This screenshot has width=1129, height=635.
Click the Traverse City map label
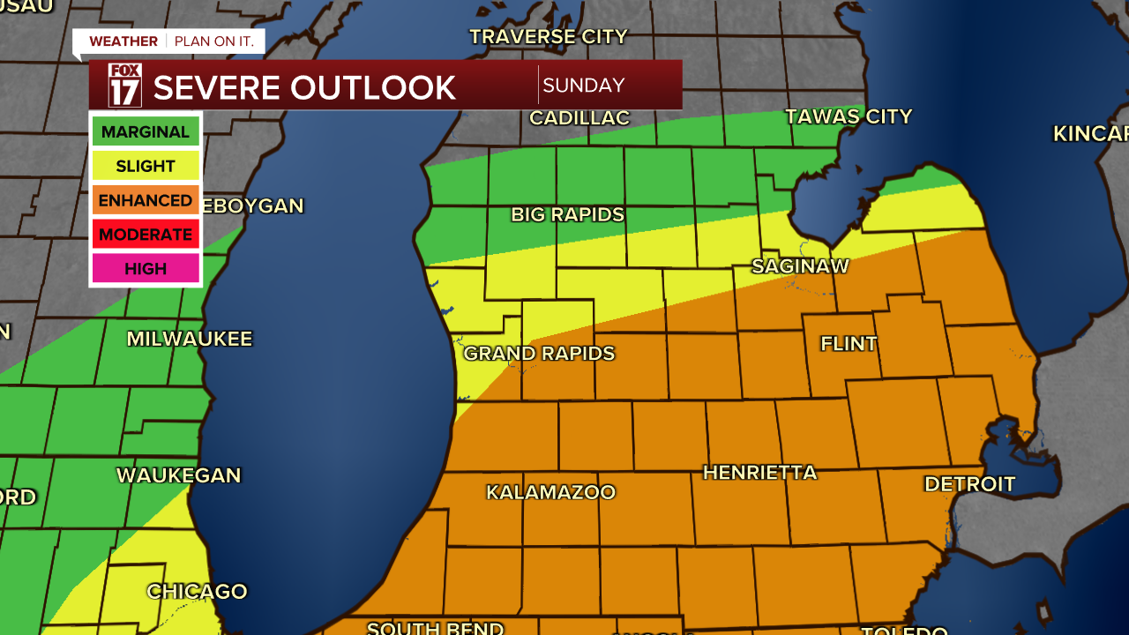tap(548, 37)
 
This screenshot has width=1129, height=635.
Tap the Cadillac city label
tap(579, 118)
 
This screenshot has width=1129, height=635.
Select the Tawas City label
tap(848, 116)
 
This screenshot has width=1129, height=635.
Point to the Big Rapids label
tap(567, 214)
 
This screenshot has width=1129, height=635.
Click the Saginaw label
tap(800, 265)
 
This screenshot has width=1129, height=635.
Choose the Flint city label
tap(849, 344)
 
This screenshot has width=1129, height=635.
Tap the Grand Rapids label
tap(539, 354)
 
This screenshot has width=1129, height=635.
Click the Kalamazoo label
tap(550, 492)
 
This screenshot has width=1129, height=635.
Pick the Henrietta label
tap(759, 473)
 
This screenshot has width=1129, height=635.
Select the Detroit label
tap(969, 484)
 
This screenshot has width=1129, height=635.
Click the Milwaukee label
tap(189, 339)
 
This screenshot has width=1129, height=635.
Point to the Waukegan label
tap(178, 475)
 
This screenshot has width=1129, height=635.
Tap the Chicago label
tap(197, 592)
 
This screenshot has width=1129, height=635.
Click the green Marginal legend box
tap(146, 132)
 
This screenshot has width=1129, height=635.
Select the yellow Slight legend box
tap(146, 166)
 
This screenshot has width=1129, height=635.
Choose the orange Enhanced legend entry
tap(146, 200)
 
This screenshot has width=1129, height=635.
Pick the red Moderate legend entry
tap(146, 235)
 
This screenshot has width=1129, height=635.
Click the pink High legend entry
tap(146, 269)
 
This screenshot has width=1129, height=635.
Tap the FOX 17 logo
tap(124, 86)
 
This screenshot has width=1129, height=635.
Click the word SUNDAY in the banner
tap(583, 86)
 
